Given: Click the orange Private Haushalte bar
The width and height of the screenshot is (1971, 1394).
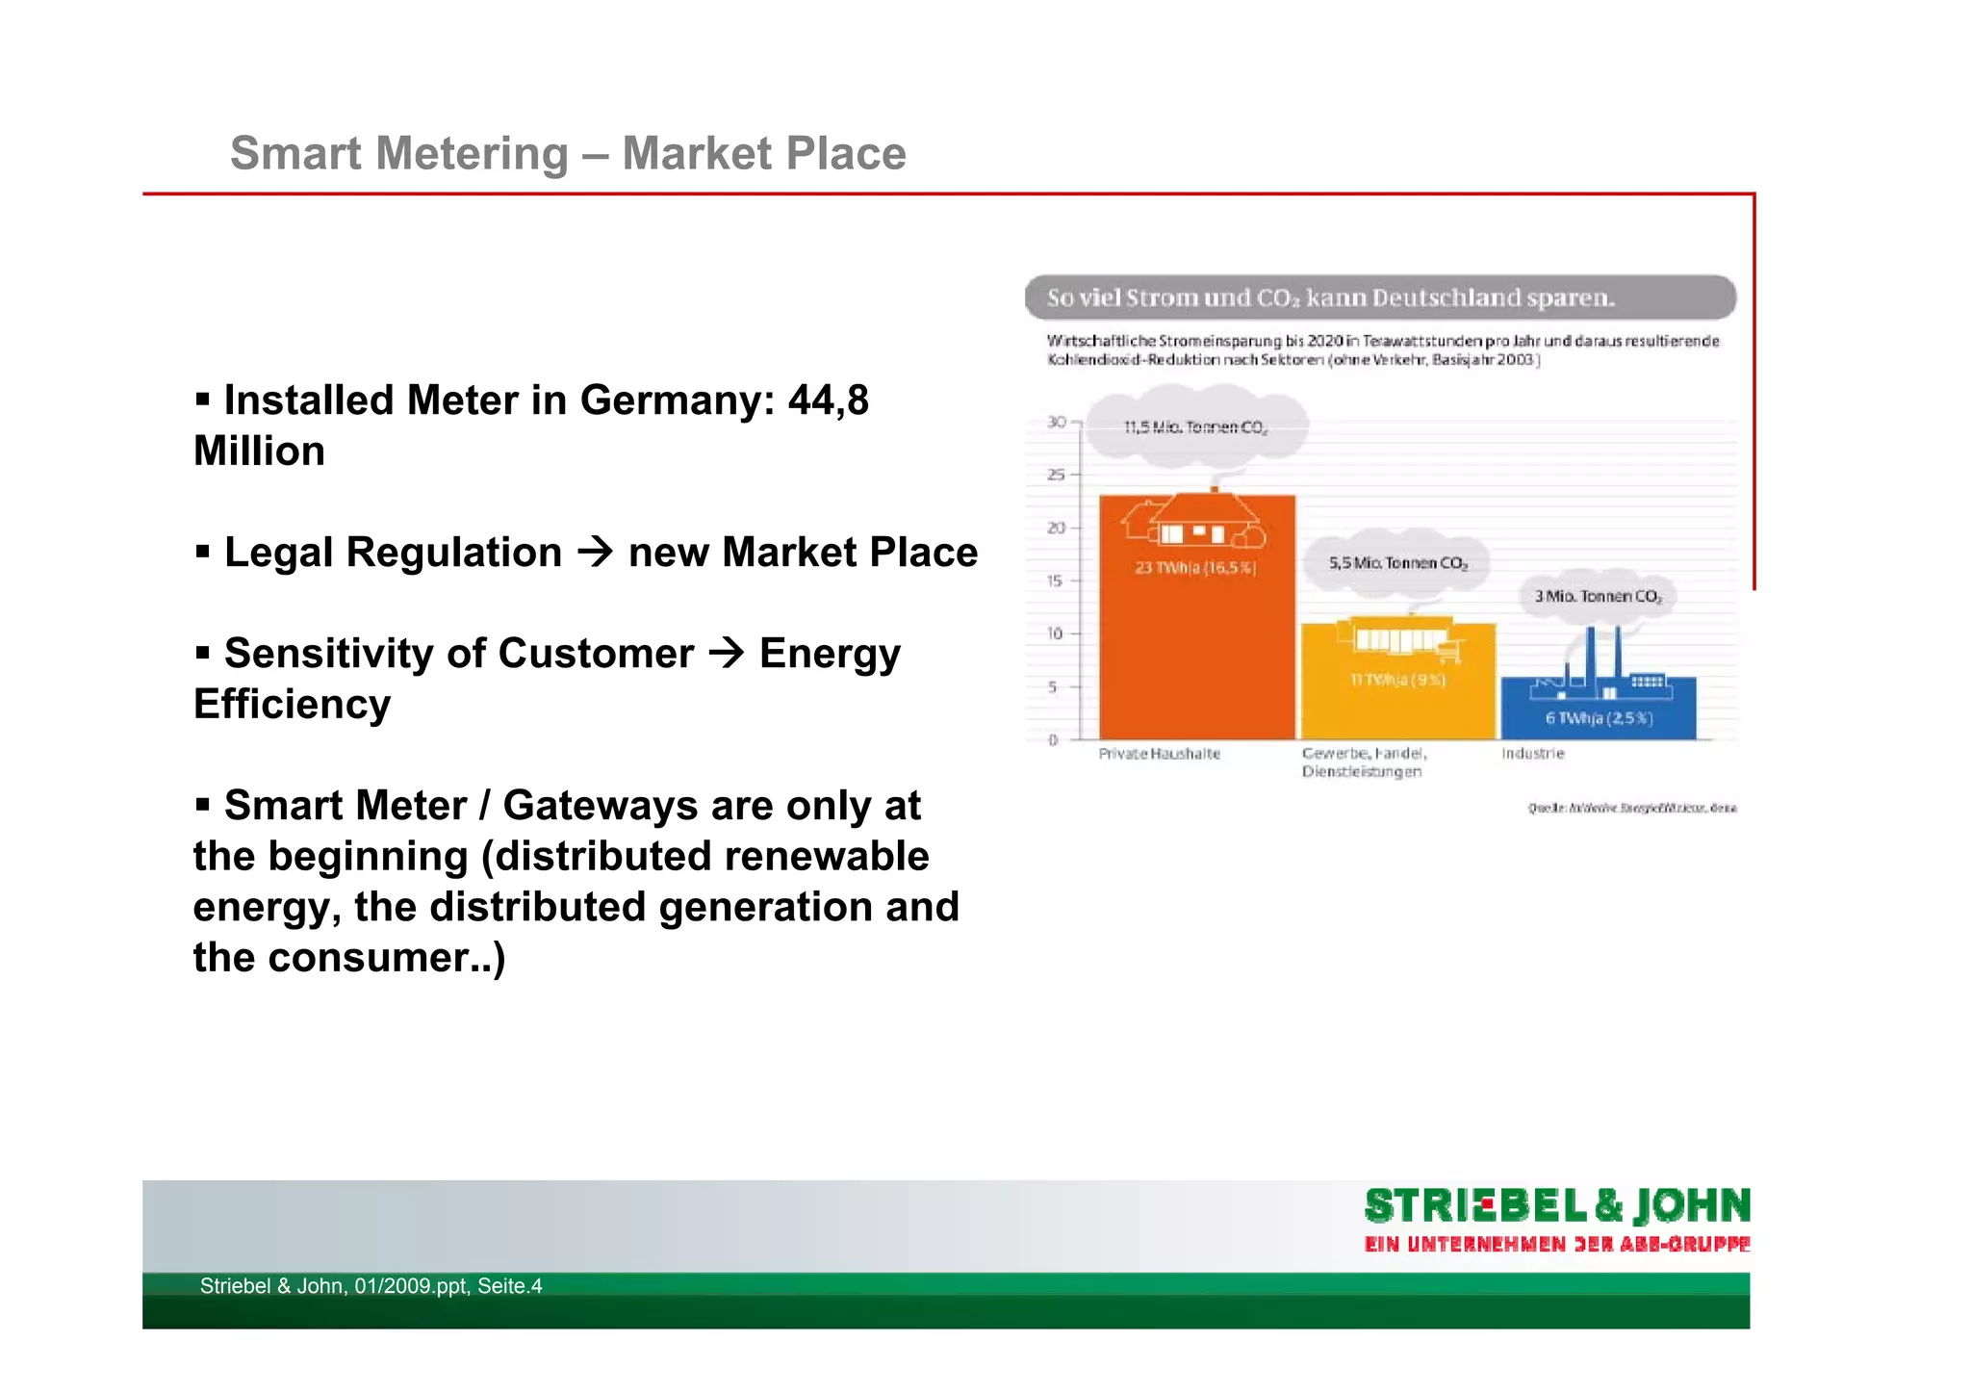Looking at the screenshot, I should [x=1196, y=655].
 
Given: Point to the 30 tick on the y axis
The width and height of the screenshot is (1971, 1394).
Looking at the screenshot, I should [x=1056, y=422].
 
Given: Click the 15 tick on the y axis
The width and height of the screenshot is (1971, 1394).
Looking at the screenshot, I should [x=1056, y=581].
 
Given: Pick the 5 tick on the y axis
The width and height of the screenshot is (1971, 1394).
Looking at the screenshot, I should [x=1053, y=686].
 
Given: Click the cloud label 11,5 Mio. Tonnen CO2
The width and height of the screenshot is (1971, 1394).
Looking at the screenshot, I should [x=1196, y=426].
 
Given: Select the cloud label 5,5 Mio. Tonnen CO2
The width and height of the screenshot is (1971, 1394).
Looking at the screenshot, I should [x=1397, y=562].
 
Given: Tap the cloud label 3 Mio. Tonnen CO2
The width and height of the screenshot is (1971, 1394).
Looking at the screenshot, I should [x=1598, y=596].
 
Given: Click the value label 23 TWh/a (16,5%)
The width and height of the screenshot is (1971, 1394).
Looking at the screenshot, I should [x=1195, y=568].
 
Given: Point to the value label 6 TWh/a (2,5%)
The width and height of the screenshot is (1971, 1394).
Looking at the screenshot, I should [x=1599, y=718].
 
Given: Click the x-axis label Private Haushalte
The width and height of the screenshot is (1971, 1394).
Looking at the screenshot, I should [x=1159, y=754].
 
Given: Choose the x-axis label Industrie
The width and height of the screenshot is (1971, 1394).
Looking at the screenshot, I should [x=1533, y=753].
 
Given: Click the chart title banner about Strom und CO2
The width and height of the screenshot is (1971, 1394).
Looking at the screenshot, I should [x=1380, y=297].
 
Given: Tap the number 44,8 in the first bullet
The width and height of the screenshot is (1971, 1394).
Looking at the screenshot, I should [x=828, y=400].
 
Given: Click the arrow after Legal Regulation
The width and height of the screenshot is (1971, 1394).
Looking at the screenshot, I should [x=596, y=552].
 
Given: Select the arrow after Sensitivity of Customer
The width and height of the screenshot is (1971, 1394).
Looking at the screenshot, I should [x=727, y=653].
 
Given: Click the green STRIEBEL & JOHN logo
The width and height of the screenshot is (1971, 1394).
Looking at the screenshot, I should [x=1556, y=1206].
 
